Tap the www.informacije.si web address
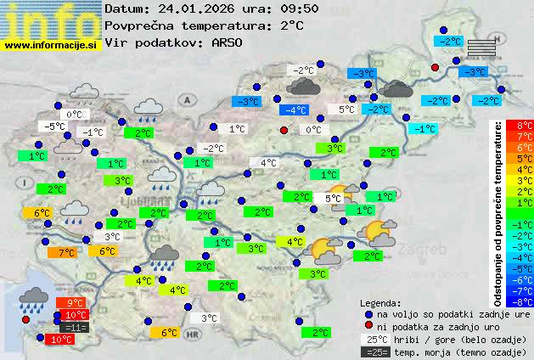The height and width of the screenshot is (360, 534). [51, 44]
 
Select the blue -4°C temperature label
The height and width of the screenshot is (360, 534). [295, 110]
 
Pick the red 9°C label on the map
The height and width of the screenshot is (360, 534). [75, 303]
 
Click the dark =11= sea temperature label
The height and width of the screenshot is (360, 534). [75, 327]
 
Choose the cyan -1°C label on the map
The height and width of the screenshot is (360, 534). [422, 129]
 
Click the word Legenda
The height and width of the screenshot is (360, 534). [380, 303]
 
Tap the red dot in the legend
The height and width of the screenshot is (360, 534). [368, 327]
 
